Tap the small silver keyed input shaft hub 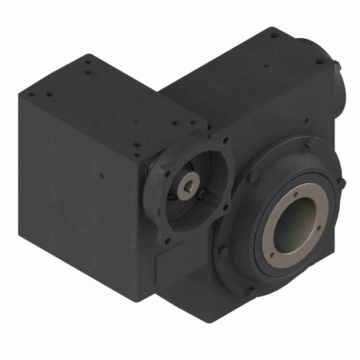(x=187, y=186)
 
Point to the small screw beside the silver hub (x=204, y=194)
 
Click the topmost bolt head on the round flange (x=307, y=141)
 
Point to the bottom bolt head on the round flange (x=248, y=291)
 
